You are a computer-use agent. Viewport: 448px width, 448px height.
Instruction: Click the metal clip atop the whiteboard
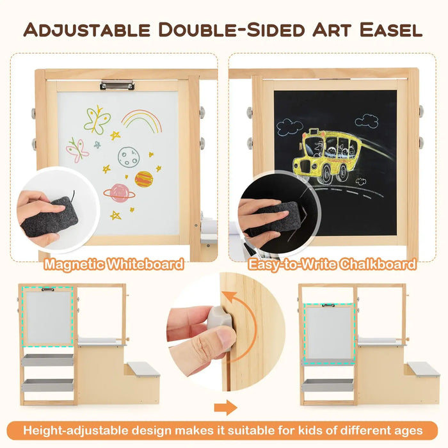[116, 84]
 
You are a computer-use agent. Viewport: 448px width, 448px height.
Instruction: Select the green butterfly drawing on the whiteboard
[97, 119]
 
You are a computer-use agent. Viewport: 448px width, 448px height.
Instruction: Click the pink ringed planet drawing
[118, 192]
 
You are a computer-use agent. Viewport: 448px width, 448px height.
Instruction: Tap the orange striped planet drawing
[143, 179]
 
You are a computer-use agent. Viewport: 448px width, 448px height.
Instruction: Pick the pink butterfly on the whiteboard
[77, 149]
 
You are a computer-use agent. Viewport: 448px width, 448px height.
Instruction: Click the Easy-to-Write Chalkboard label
[333, 263]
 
